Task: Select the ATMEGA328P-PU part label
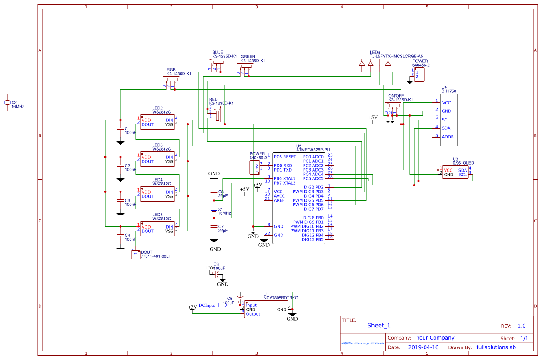point(313,150)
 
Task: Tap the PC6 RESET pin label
point(285,157)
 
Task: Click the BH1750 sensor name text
point(448,91)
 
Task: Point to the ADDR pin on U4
point(448,137)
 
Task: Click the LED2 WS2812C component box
point(157,122)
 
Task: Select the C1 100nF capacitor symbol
point(120,129)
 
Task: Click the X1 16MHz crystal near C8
point(214,209)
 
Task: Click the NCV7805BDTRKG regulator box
point(266,310)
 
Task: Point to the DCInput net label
point(207,306)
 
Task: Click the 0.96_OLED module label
point(463,163)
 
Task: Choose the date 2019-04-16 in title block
point(423,347)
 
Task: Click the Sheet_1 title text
point(379,325)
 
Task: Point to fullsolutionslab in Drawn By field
point(496,347)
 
